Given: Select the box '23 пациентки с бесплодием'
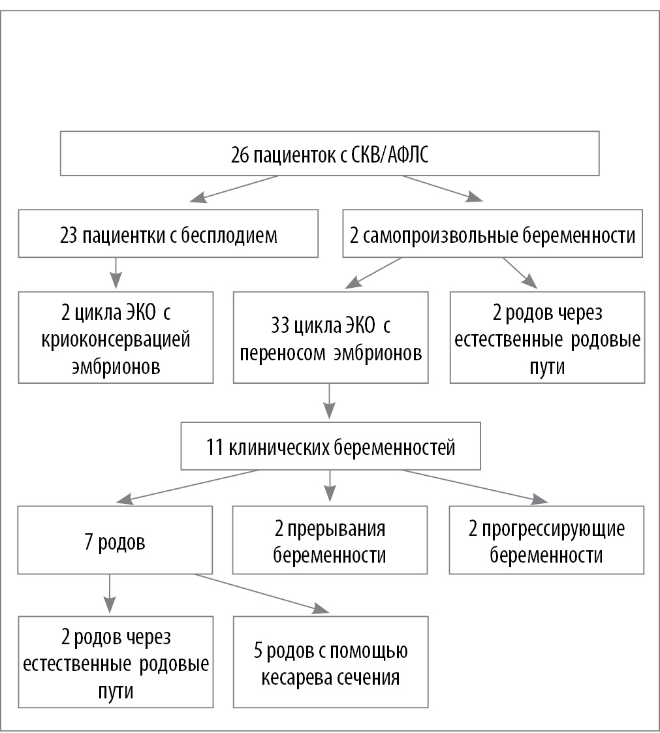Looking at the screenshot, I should click(168, 234).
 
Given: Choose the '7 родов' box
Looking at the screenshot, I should click(116, 540).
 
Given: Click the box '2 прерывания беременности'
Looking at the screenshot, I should click(330, 540).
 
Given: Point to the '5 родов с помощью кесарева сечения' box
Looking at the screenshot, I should click(330, 661).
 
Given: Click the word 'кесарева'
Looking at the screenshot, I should click(296, 676).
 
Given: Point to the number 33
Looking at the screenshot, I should click(278, 324).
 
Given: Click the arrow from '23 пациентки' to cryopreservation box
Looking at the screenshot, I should click(116, 273).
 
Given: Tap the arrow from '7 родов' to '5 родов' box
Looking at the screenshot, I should click(261, 594).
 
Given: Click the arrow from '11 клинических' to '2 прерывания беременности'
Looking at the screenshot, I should click(330, 486).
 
